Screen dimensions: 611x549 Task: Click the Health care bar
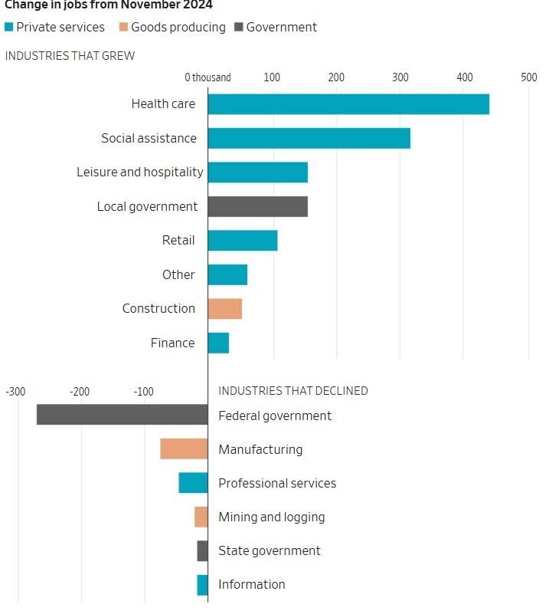[348, 104]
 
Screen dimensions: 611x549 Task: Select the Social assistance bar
[309, 138]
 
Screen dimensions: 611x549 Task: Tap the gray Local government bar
[257, 206]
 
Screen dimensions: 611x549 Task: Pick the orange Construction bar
[224, 308]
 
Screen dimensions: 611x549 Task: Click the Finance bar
[218, 343]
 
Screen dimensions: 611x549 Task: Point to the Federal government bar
[122, 415]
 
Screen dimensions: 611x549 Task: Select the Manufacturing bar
[184, 449]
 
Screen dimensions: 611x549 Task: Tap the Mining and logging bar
[201, 517]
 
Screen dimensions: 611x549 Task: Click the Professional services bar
[193, 483]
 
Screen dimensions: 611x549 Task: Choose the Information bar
[202, 585]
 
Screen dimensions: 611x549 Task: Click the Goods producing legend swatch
[123, 28]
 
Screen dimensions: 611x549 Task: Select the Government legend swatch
[237, 28]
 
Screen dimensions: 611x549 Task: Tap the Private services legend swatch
[8, 28]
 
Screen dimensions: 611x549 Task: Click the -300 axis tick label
[15, 391]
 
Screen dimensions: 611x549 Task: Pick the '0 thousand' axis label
[208, 77]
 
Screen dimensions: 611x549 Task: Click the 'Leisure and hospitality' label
[140, 172]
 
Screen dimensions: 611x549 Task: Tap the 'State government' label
[270, 550]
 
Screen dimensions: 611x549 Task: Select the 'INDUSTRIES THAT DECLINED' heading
[293, 391]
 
